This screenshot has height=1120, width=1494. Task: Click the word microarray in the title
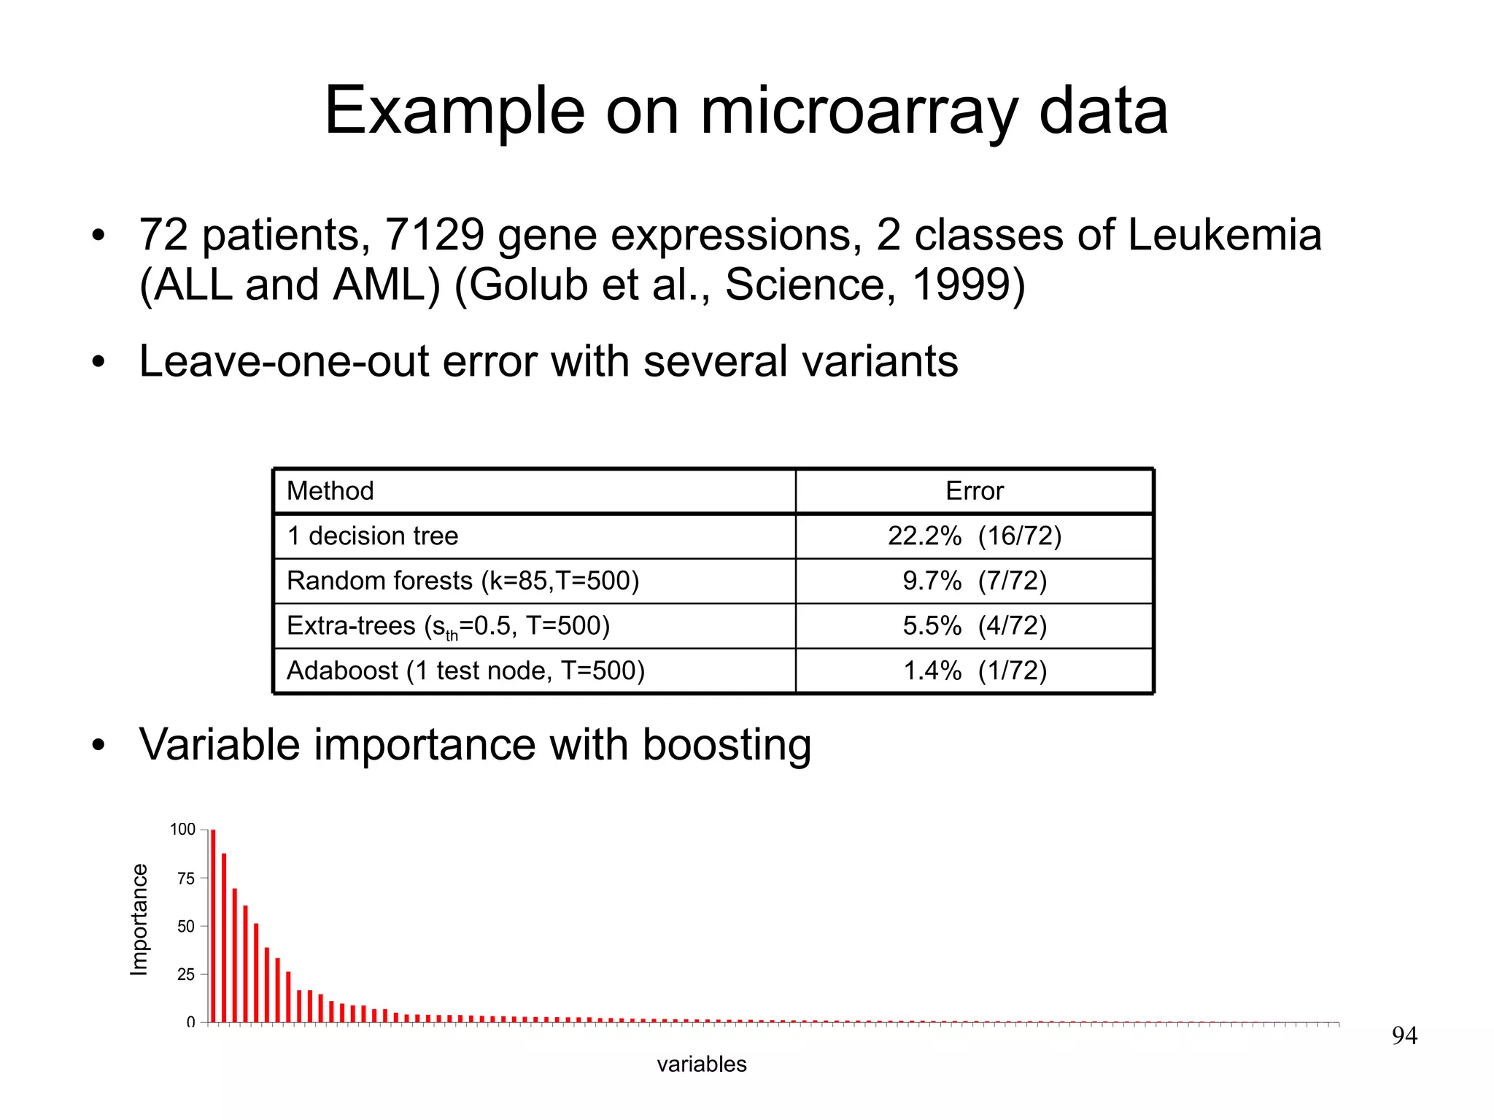tap(859, 112)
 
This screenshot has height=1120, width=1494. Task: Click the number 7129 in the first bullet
tap(435, 235)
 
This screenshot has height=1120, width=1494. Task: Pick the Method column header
tap(330, 491)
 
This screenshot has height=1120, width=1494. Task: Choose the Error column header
tap(974, 491)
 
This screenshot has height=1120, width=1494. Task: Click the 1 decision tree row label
tap(372, 536)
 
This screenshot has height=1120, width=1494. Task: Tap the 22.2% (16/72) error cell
tap(974, 536)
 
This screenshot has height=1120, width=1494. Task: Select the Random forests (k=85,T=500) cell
tap(462, 581)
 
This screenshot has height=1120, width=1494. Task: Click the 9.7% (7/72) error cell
tap(974, 581)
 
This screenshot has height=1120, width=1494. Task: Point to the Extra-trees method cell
tap(447, 626)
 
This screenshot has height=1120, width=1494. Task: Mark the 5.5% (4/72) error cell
tap(974, 626)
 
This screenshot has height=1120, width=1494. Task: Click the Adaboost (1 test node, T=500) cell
tap(465, 671)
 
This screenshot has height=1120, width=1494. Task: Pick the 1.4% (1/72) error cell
tap(974, 671)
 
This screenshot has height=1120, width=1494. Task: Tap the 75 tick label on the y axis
tap(186, 878)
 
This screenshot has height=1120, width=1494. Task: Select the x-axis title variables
tap(701, 1064)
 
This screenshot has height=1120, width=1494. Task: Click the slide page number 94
tap(1404, 1035)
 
